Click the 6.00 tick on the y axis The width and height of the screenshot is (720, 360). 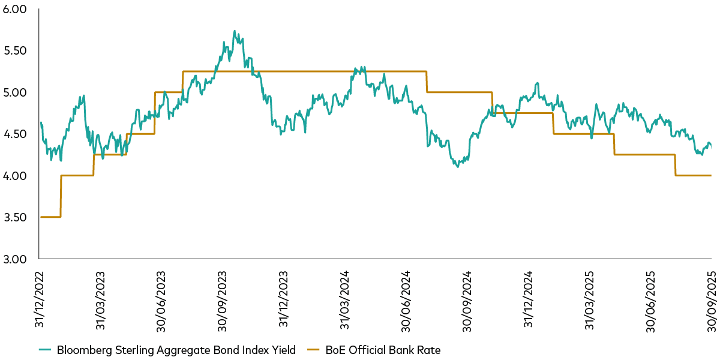pyautogui.click(x=16, y=10)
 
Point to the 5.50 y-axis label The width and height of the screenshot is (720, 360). pyautogui.click(x=16, y=51)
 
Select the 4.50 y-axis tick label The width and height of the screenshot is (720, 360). pyautogui.click(x=16, y=134)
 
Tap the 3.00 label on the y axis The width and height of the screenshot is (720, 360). pyautogui.click(x=16, y=259)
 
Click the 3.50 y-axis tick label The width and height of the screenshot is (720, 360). pyautogui.click(x=16, y=217)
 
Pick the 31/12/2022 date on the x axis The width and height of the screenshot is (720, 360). pyautogui.click(x=40, y=298)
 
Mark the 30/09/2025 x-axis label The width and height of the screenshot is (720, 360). pyautogui.click(x=712, y=298)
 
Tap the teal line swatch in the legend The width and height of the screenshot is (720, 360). pyautogui.click(x=46, y=350)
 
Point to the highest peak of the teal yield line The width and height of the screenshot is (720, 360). pyautogui.click(x=234, y=31)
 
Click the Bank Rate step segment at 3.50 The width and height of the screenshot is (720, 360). pyautogui.click(x=50, y=217)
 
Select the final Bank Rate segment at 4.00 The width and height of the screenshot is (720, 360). pyautogui.click(x=693, y=175)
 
